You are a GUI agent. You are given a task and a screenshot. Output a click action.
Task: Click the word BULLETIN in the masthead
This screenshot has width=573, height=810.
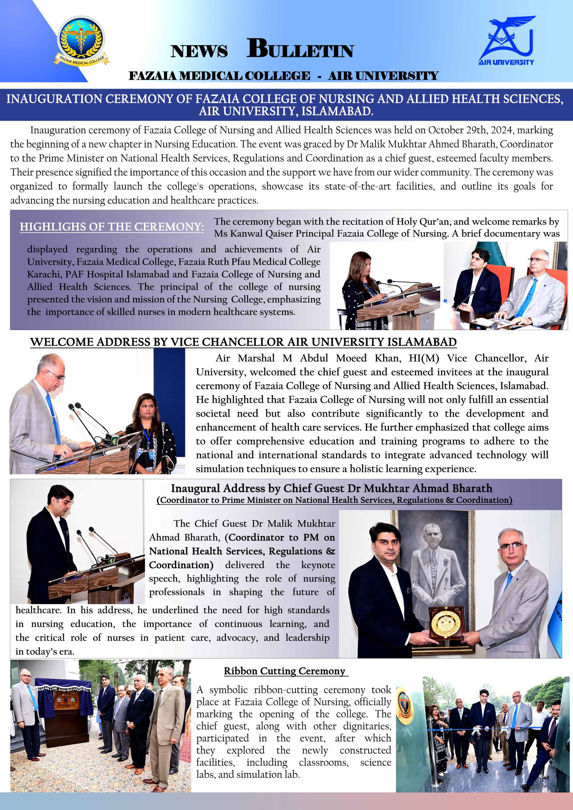pyautogui.click(x=300, y=49)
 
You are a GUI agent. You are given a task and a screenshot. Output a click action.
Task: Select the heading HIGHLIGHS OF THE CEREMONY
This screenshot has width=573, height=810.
pyautogui.click(x=112, y=227)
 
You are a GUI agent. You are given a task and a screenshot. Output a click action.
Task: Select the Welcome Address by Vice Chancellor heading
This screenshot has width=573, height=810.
pyautogui.click(x=244, y=342)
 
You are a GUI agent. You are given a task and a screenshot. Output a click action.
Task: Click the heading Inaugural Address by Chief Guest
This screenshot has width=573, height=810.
pyautogui.click(x=331, y=488)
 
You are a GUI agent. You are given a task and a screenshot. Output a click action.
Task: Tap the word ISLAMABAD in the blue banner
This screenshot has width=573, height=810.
pyautogui.click(x=337, y=112)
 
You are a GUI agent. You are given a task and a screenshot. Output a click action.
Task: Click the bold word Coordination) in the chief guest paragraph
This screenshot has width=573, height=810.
pyautogui.click(x=181, y=565)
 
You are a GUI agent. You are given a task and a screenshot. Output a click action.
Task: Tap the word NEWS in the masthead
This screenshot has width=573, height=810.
pyautogui.click(x=199, y=51)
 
